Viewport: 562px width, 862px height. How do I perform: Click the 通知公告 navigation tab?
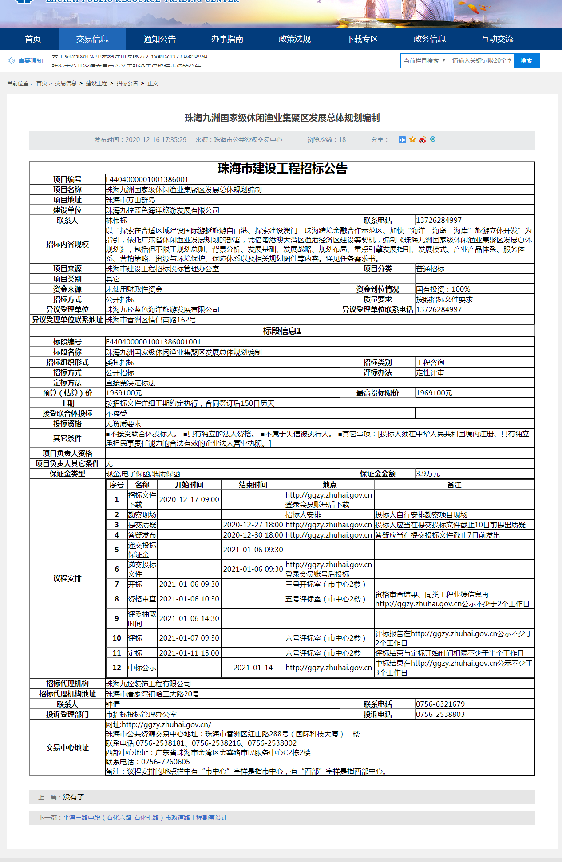point(160,39)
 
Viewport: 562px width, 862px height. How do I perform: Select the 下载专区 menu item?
point(362,39)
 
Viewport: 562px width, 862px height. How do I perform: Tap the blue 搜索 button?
point(526,61)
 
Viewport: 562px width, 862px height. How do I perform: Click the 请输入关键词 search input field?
point(482,61)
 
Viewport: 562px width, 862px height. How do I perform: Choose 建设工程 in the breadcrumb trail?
point(96,83)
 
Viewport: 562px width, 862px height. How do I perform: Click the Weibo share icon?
point(422,140)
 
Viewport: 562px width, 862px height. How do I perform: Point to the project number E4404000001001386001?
point(147,179)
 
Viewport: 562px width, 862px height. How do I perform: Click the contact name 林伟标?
point(116,221)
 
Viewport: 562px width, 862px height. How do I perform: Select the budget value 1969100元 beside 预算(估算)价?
point(124,393)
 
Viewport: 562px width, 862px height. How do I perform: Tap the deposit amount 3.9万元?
point(428,474)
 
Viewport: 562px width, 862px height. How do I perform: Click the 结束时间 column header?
point(253,485)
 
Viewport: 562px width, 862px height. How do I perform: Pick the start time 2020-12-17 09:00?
point(189,499)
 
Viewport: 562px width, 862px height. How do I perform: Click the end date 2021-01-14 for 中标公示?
point(253,668)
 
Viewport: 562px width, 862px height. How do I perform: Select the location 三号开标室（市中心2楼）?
point(325,584)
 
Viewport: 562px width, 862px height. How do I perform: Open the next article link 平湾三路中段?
point(145,818)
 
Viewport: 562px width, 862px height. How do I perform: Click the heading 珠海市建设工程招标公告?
point(282,168)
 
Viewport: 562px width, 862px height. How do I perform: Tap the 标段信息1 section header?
point(282,331)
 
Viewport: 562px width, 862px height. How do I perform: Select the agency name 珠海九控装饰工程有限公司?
point(148,684)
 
